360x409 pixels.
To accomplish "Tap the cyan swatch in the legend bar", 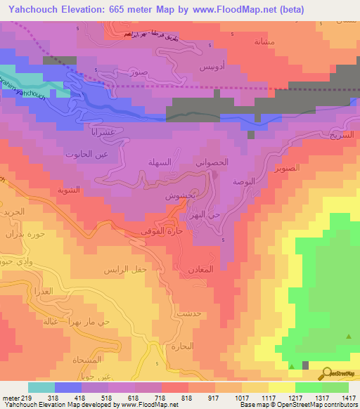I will point(41,387).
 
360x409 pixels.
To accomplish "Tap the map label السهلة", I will point(160,162).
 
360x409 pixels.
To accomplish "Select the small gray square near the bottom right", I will point(305,365).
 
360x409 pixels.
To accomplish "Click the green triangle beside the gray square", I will point(292,365).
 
